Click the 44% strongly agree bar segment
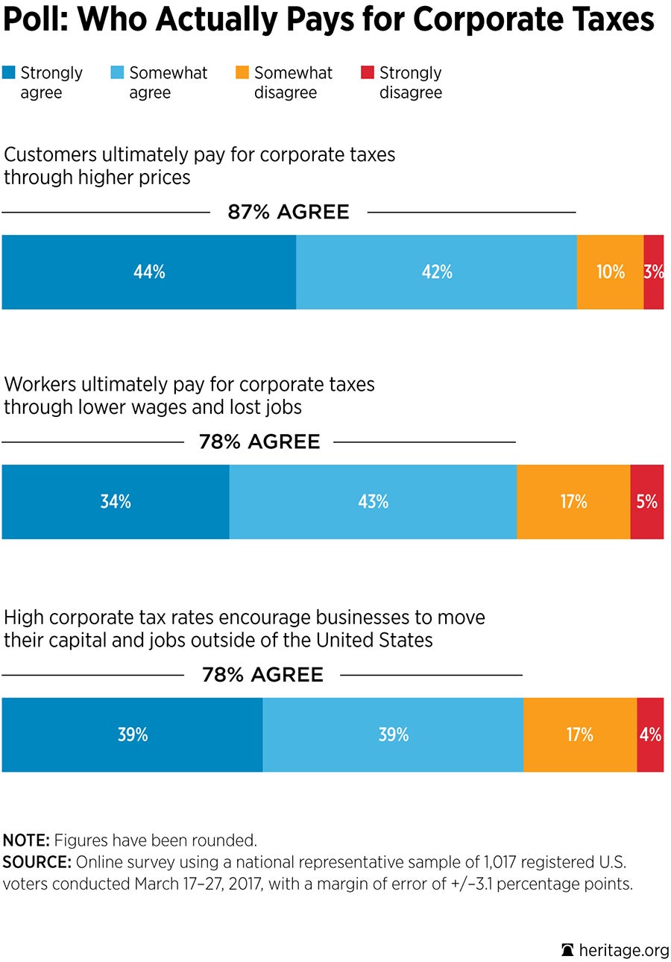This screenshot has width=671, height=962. coord(149,272)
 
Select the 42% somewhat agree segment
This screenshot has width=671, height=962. coord(436,272)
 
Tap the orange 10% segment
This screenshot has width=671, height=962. coord(610,272)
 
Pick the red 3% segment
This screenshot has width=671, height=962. coord(654,272)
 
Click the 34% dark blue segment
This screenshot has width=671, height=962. coord(116,502)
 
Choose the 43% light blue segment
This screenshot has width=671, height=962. coord(373,502)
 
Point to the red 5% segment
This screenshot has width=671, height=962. coord(647,502)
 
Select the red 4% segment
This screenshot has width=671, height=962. coord(650,735)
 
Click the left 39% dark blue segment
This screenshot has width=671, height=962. coord(132,735)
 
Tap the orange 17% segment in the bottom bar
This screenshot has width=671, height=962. coord(579,735)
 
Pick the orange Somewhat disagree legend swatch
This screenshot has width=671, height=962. coord(242,72)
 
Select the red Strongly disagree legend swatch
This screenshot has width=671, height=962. coord(367,72)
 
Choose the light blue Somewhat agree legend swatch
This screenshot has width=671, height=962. coord(117,72)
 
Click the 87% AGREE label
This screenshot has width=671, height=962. coord(289,212)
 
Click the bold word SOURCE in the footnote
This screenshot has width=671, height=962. coord(26,863)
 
